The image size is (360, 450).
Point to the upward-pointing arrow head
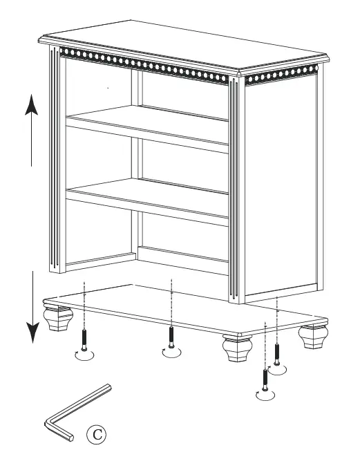pyautogui.click(x=30, y=105)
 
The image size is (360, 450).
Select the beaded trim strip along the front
pyautogui.click(x=145, y=63)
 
